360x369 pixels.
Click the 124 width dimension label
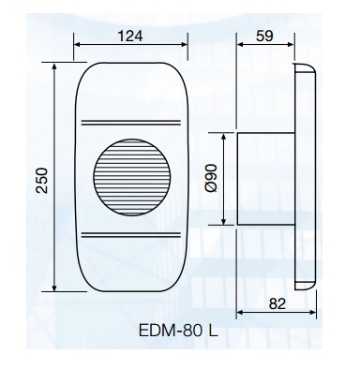click(130, 36)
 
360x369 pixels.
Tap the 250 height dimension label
click(41, 181)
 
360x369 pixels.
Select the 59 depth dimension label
click(264, 36)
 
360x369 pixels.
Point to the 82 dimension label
click(277, 303)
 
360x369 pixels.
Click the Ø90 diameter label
click(212, 178)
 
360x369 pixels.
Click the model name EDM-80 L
click(178, 331)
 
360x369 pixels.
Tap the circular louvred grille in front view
click(132, 177)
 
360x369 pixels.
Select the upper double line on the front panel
click(131, 123)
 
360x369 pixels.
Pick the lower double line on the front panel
click(131, 235)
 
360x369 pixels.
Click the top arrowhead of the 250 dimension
click(54, 66)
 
